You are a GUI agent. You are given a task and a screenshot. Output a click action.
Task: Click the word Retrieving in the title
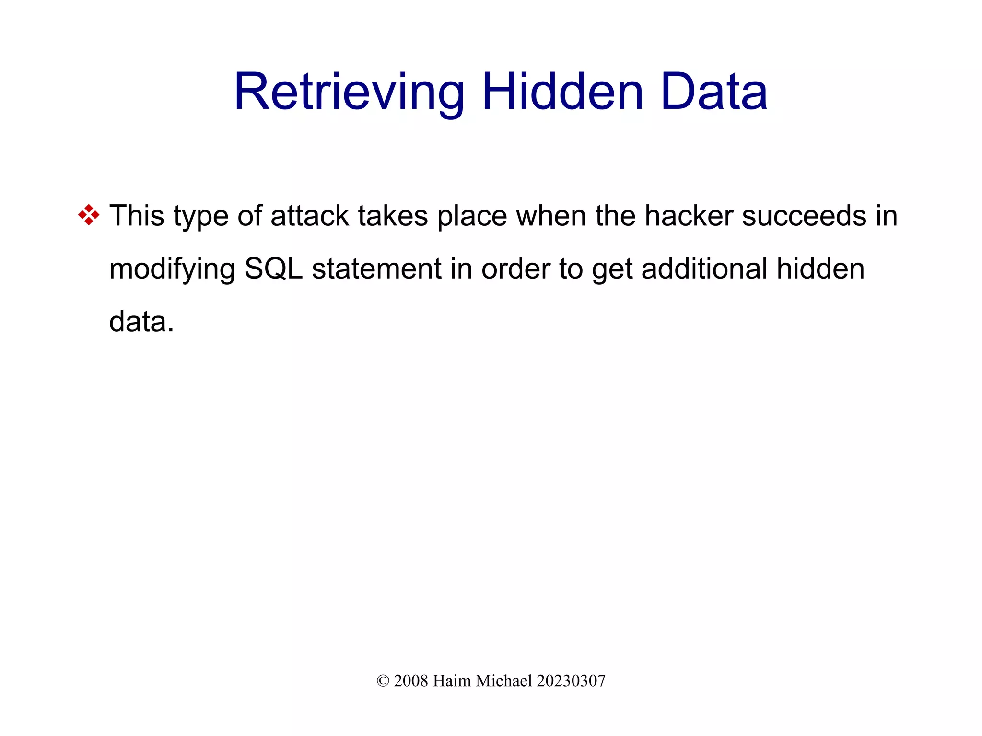349,92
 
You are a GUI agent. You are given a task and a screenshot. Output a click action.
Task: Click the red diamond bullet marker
89,215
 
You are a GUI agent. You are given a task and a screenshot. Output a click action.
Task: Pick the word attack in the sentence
310,216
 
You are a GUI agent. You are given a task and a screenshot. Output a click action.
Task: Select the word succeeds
804,216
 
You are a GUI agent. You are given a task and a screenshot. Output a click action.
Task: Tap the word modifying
172,269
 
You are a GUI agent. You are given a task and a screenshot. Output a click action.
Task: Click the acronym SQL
273,269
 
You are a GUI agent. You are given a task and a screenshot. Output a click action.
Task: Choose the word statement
377,269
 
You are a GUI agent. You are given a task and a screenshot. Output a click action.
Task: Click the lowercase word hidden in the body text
820,269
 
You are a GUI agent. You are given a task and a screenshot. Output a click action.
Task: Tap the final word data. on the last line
141,321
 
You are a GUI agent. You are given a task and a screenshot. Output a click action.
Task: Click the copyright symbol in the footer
383,681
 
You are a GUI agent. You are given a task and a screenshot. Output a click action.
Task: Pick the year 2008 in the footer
410,681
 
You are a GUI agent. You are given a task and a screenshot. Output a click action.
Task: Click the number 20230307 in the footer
571,681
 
